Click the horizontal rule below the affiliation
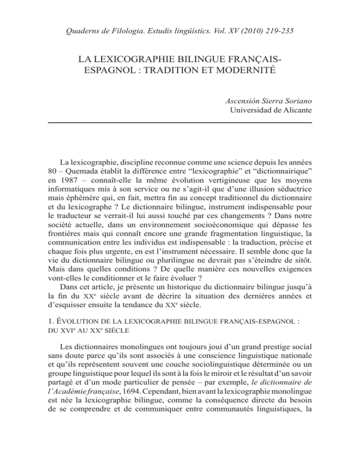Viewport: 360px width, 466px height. pyautogui.click(x=180, y=122)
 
